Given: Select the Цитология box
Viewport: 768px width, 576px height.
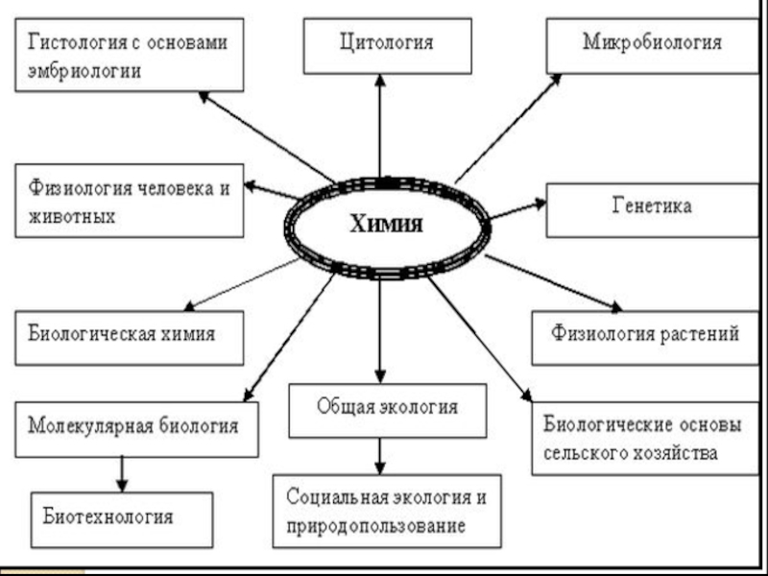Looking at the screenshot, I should point(387,44).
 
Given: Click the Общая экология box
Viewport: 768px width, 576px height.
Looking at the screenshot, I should point(387,406).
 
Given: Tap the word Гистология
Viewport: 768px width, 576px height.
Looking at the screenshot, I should point(68,43).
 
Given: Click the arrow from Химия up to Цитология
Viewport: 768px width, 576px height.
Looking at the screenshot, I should point(381,125).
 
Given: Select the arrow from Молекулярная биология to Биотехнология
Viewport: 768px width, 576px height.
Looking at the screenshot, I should point(122,473).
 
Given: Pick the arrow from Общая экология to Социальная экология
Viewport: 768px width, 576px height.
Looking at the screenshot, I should point(381,454).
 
